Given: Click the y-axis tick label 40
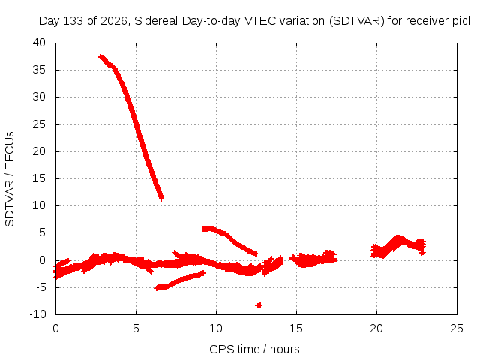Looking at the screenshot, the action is [x=39, y=43].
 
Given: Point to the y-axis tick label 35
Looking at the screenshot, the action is [x=39, y=70].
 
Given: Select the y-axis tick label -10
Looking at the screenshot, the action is [x=37, y=314].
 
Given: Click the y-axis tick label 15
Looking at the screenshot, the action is [x=39, y=178].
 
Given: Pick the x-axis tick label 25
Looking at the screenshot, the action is [x=457, y=328].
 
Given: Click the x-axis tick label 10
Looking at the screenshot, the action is [x=216, y=328].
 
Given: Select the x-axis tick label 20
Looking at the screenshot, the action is [x=376, y=328].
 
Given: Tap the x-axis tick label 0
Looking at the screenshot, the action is [x=55, y=328].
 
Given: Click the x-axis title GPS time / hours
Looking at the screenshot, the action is [x=254, y=349].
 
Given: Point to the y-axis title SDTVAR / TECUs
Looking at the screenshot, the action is [x=10, y=179].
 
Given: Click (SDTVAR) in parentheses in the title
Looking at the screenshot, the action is [x=357, y=21].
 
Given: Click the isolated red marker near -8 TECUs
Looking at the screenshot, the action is [x=259, y=305].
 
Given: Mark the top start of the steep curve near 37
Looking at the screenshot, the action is [x=100, y=57].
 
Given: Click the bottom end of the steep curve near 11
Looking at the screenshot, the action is [x=162, y=198].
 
